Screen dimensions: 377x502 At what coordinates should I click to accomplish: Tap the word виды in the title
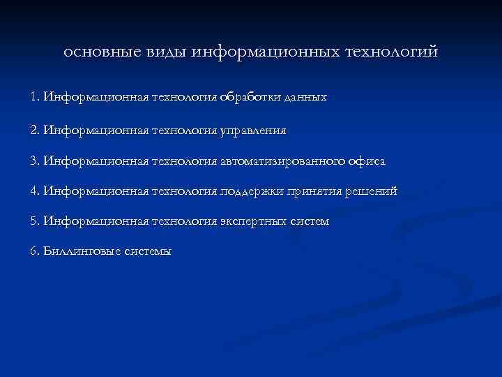(160, 52)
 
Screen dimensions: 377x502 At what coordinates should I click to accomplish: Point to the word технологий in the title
(391, 52)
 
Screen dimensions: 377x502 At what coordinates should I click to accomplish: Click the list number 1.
(34, 98)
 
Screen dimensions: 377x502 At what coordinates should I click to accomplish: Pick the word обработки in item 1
(250, 98)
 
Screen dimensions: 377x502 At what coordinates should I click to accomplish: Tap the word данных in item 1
(304, 98)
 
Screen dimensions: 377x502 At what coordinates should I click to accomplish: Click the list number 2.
(34, 130)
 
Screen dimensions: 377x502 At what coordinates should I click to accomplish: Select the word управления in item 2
(254, 131)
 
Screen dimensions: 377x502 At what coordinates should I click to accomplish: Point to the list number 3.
(34, 161)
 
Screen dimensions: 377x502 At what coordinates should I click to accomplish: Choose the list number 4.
(34, 191)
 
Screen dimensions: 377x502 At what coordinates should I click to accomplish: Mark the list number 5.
(34, 221)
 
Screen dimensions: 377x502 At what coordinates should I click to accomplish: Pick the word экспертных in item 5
(254, 222)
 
